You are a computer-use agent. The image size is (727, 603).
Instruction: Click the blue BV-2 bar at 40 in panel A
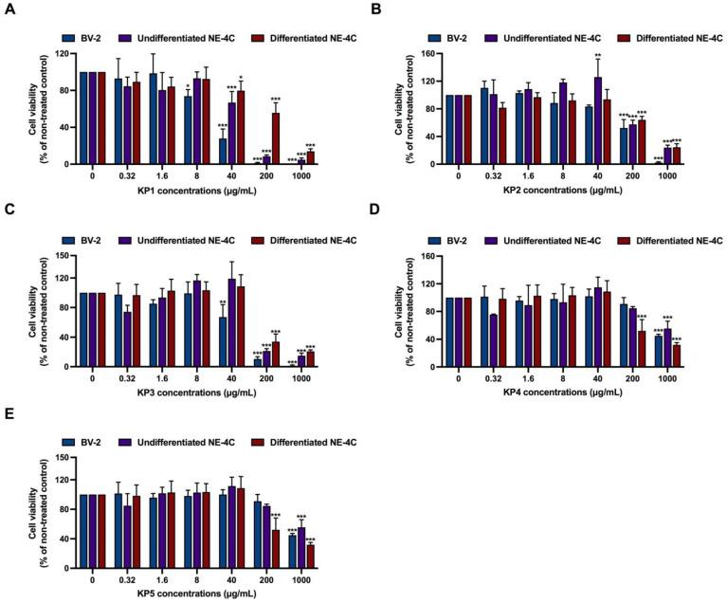(223, 152)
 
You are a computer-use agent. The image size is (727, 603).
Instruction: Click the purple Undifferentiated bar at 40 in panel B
(598, 120)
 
